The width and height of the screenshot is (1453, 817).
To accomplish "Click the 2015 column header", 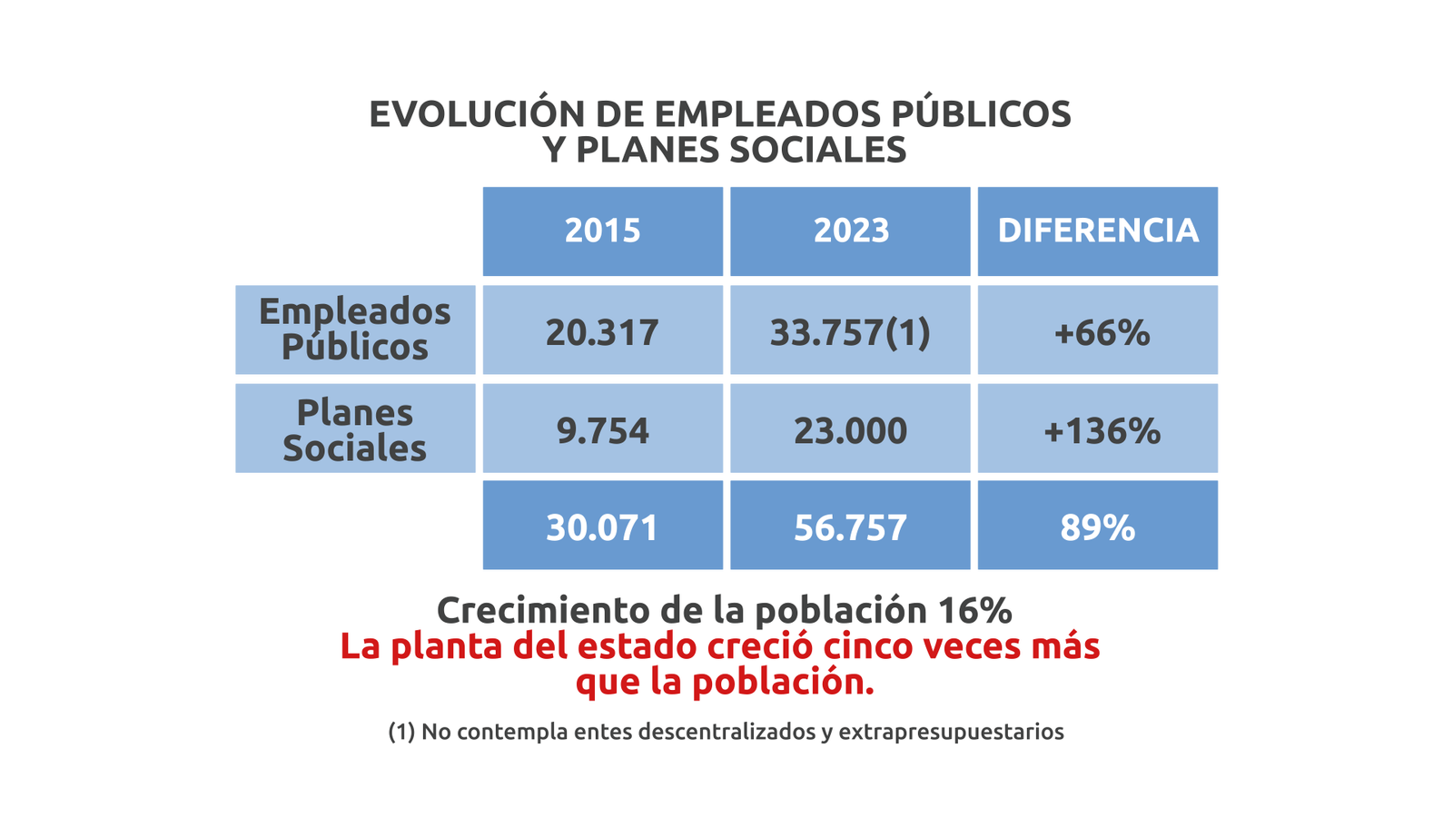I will [602, 231].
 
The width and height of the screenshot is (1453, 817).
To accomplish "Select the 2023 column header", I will [850, 231].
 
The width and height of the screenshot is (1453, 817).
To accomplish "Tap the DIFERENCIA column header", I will [1097, 231].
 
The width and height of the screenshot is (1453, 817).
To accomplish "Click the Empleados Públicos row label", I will [355, 329].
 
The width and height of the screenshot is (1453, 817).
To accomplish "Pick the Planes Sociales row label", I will [355, 429].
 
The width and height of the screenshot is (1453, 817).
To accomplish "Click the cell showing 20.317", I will [602, 332].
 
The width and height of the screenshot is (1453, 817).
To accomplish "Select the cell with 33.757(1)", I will [850, 332].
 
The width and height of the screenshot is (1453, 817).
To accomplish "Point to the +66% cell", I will [1101, 332].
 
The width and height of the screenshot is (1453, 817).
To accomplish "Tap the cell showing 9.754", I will [602, 430].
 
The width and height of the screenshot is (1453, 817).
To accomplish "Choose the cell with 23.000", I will [850, 430].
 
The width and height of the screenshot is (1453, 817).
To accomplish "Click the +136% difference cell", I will [1101, 430].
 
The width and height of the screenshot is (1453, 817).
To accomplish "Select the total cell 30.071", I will [602, 527].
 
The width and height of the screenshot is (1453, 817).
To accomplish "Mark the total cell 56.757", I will [850, 527].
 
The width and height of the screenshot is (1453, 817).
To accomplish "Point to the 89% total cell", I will [1097, 527].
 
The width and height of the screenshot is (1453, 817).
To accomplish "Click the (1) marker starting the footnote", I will [401, 732].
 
